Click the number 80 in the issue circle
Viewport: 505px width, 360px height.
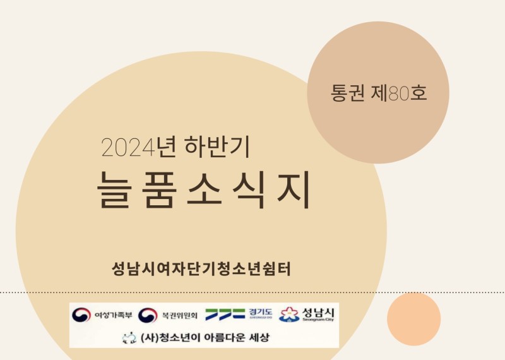pyautogui.click(x=399, y=93)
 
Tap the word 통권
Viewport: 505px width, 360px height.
pyautogui.click(x=348, y=93)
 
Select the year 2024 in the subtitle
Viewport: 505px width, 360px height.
pyautogui.click(x=128, y=147)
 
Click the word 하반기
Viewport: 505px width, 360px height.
pyautogui.click(x=217, y=147)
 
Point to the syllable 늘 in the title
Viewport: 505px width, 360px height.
pyautogui.click(x=115, y=189)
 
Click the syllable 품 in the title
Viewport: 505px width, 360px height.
pyautogui.click(x=160, y=189)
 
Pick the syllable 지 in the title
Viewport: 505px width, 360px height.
pyautogui.click(x=294, y=189)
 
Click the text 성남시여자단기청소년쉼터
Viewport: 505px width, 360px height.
pyautogui.click(x=201, y=269)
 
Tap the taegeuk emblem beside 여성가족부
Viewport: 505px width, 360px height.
pyautogui.click(x=81, y=315)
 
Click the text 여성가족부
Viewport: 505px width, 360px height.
pyautogui.click(x=114, y=315)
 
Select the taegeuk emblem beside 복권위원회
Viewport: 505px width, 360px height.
pyautogui.click(x=148, y=315)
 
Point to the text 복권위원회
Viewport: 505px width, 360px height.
pyautogui.click(x=180, y=315)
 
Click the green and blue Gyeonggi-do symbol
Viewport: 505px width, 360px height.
pyautogui.click(x=225, y=315)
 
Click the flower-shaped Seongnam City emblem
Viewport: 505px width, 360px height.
pyautogui.click(x=289, y=315)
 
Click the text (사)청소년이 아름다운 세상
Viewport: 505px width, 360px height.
pyautogui.click(x=205, y=337)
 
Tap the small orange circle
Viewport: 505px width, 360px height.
pyautogui.click(x=414, y=319)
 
